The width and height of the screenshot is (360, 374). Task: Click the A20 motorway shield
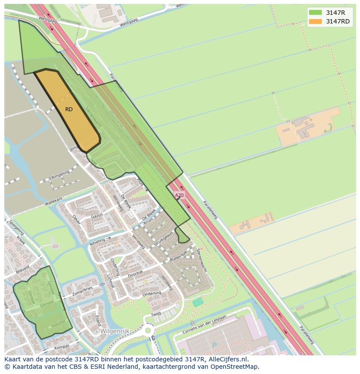tap(179, 195)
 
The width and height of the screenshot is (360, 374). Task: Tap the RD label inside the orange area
tap(69, 109)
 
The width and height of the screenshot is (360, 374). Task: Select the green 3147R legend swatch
tap(316, 13)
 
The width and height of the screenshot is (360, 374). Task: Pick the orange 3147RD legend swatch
tap(316, 21)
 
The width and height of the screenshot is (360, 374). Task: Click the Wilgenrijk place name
tap(115, 331)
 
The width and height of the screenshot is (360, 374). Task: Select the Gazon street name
tap(97, 216)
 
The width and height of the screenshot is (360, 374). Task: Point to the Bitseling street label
tap(97, 242)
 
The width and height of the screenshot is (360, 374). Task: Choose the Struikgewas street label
tap(163, 239)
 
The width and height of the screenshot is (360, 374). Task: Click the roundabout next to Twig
tap(148, 331)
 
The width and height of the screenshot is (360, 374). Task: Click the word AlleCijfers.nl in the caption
tap(227, 359)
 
